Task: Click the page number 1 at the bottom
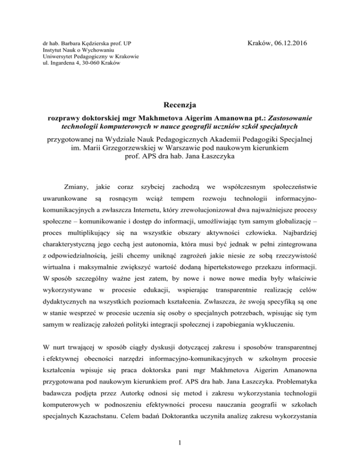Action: [x=180, y=453]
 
